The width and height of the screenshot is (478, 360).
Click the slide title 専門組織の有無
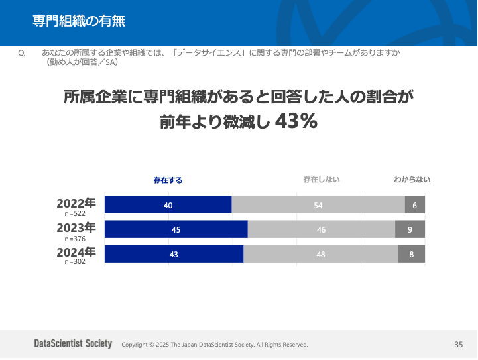79,21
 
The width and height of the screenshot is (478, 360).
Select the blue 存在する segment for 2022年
168,205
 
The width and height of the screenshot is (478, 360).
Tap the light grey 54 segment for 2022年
318,205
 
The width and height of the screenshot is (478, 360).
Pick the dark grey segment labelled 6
415,205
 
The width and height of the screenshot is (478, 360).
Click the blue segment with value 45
176,229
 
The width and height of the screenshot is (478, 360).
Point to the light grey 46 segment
322,229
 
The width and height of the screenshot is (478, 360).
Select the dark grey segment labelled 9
410,229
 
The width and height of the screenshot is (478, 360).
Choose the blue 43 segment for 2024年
174,254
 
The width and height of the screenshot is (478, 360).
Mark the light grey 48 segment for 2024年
321,254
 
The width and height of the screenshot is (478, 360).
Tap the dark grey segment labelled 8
412,254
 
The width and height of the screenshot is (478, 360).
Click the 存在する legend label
168,180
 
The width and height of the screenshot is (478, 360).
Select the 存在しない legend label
322,180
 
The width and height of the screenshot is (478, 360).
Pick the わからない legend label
412,180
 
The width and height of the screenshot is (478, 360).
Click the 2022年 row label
76,203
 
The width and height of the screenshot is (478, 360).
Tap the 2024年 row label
76,252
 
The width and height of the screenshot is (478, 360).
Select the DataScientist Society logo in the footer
73,343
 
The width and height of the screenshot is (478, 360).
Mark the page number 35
459,345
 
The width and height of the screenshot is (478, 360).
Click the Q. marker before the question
22,52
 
